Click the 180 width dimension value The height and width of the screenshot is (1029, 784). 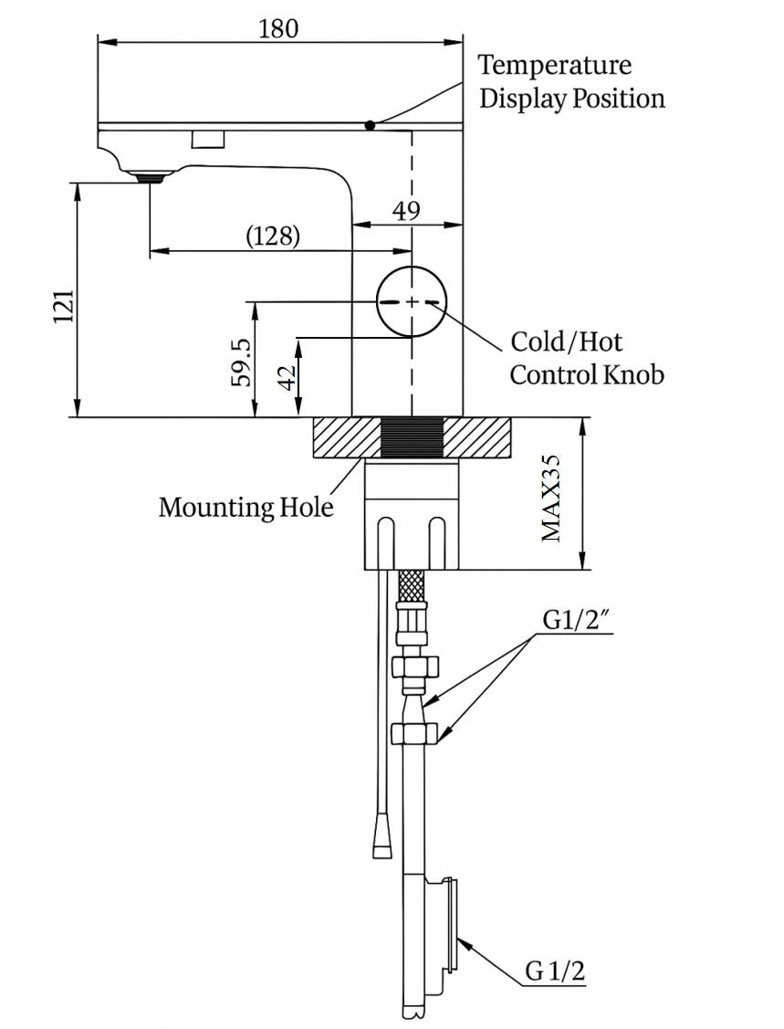tap(278, 28)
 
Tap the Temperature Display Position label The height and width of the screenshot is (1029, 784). tap(571, 81)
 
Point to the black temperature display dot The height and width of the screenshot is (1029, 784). tap(370, 125)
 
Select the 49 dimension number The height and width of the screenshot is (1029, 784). tap(406, 211)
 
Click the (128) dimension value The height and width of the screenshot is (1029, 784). tap(273, 236)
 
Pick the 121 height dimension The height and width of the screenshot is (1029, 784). tap(62, 307)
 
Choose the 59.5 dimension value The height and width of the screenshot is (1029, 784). tap(242, 362)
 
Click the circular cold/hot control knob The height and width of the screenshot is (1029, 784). tap(413, 301)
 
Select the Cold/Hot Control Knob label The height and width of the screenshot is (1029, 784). tap(586, 358)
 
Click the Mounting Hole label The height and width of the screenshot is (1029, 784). tap(246, 507)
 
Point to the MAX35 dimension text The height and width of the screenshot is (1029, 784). tap(550, 498)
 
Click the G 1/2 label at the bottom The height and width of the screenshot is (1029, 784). tap(554, 971)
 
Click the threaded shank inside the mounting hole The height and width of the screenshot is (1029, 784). tap(413, 437)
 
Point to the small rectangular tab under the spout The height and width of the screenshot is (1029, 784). tap(207, 139)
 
